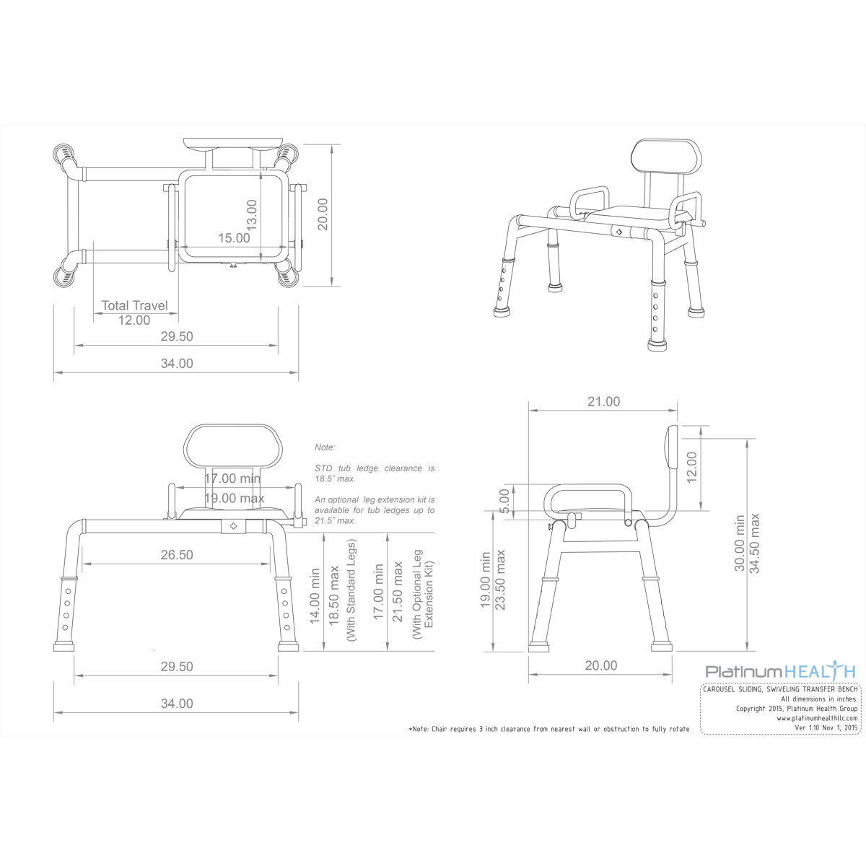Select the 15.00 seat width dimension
234,237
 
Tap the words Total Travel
134,305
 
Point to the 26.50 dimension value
177,555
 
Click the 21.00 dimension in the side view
603,401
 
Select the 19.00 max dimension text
234,498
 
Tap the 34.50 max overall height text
755,543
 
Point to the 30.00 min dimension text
740,543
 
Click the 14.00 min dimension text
315,597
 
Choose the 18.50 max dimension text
333,597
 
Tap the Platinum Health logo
780,671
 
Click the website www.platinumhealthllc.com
817,718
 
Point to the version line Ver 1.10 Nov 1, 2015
826,728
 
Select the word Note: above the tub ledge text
325,447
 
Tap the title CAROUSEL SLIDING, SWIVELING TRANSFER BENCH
780,689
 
